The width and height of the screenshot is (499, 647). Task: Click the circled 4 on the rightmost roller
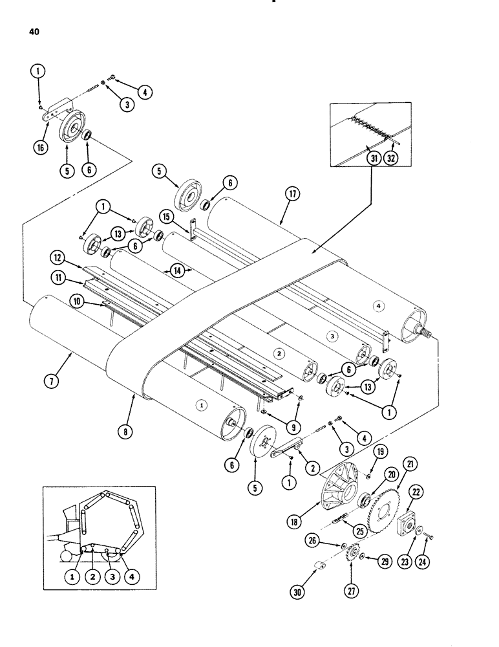pyautogui.click(x=379, y=305)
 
